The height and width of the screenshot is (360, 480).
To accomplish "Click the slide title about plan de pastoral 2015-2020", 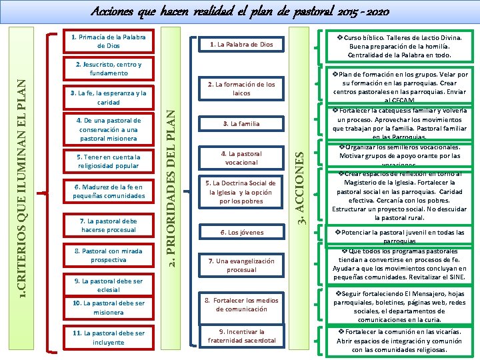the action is [239, 12].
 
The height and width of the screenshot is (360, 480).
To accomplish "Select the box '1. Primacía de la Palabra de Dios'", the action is [109, 41].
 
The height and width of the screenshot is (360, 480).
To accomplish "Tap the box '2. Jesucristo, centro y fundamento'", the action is [109, 69].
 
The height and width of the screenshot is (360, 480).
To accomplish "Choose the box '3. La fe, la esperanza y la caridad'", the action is [109, 98].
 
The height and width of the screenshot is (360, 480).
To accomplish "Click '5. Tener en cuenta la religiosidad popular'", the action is [109, 161].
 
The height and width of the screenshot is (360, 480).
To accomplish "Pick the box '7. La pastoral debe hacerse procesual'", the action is [109, 225].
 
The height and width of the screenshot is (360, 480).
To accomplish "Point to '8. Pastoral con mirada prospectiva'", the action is [109, 255].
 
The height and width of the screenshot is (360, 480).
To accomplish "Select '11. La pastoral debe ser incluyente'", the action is [109, 337].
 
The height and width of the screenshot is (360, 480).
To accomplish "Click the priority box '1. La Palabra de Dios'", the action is [241, 45].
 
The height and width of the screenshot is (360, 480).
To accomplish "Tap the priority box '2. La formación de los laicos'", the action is [241, 89].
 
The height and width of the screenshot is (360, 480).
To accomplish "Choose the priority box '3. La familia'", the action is [241, 123].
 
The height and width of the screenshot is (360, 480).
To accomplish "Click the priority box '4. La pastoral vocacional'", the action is [241, 158].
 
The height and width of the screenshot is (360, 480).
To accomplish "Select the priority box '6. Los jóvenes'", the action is [241, 233].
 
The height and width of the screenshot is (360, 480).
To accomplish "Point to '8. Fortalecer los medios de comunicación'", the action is [241, 304].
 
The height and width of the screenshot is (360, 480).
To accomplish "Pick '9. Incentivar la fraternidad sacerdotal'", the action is [241, 336].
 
